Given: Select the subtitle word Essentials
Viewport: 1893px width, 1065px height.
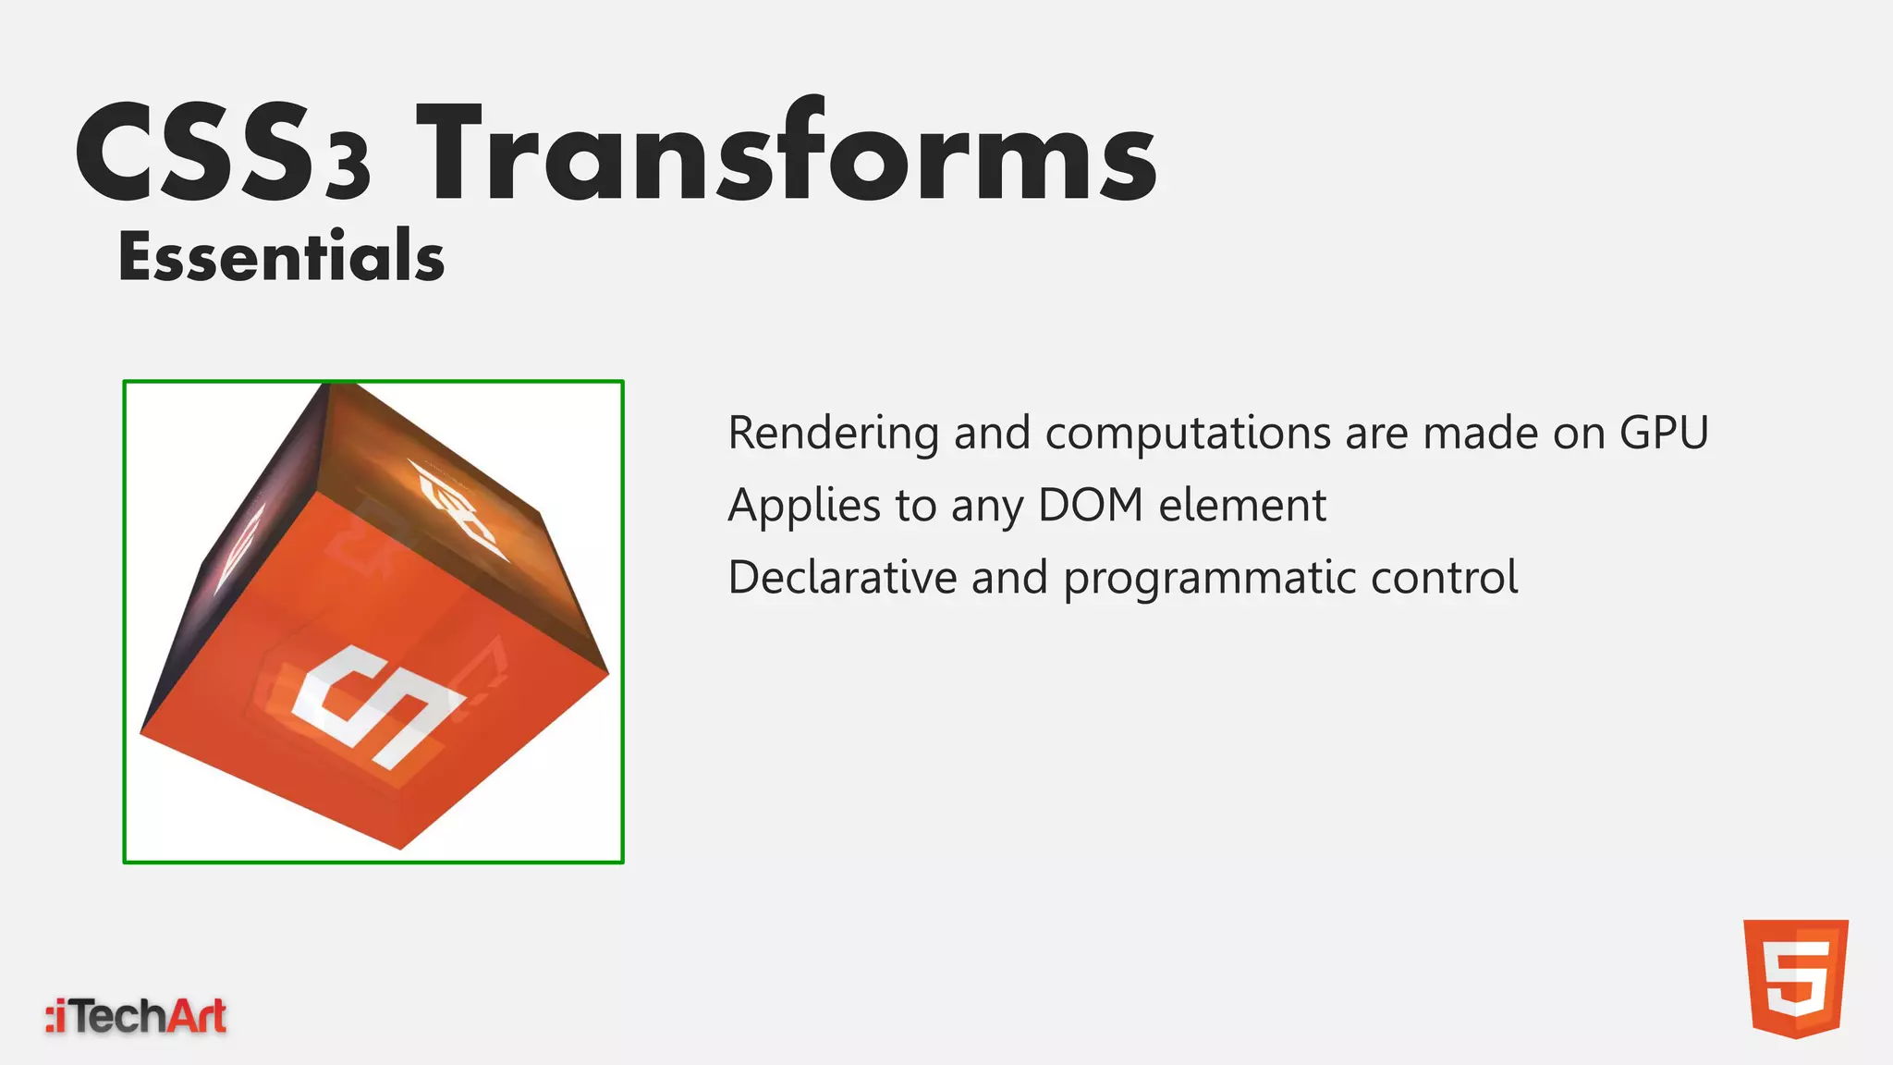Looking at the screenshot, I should [281, 256].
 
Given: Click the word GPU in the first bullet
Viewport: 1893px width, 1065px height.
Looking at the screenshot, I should [1664, 433].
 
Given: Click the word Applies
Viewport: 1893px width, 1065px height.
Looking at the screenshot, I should [804, 505].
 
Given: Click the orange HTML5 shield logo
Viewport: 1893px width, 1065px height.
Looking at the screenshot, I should [1795, 978].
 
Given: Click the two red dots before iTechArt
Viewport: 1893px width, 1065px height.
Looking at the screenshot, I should [52, 1017].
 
